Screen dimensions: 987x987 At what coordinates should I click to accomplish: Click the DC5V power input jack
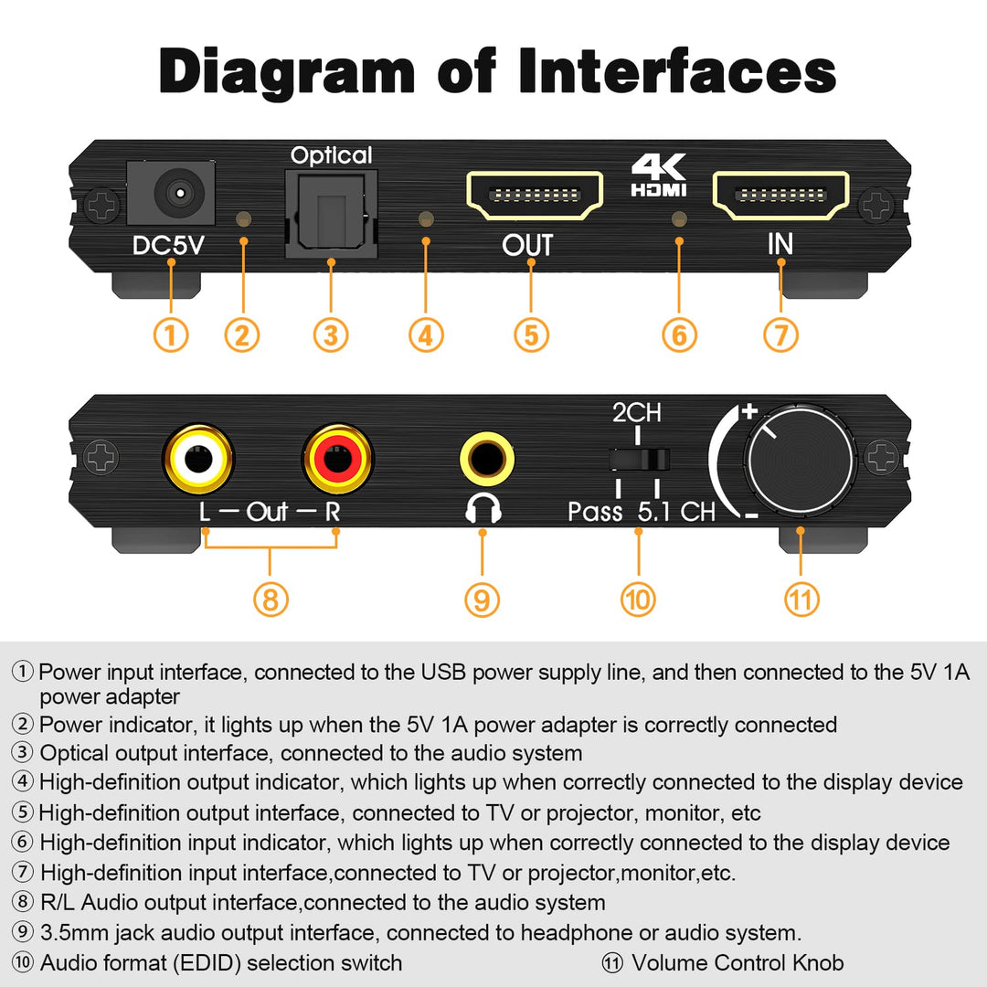point(174,195)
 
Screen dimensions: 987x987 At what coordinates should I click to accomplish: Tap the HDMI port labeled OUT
point(536,196)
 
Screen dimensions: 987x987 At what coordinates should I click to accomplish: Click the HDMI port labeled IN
point(780,196)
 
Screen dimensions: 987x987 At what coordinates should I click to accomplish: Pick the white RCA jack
point(198,458)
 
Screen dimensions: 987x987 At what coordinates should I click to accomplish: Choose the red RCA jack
point(338,458)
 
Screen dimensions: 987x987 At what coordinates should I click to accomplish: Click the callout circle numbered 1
point(171,334)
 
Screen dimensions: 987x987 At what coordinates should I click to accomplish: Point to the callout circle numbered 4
point(425,335)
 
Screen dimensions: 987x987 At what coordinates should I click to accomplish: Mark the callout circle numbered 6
point(678,335)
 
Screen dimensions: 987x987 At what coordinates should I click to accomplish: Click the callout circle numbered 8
point(270,600)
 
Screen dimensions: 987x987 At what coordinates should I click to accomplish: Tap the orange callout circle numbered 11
point(801,600)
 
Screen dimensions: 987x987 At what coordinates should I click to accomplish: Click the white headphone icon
point(483,508)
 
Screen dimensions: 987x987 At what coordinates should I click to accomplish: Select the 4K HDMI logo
point(658,176)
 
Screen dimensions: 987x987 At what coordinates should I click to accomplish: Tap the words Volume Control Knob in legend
point(737,962)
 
